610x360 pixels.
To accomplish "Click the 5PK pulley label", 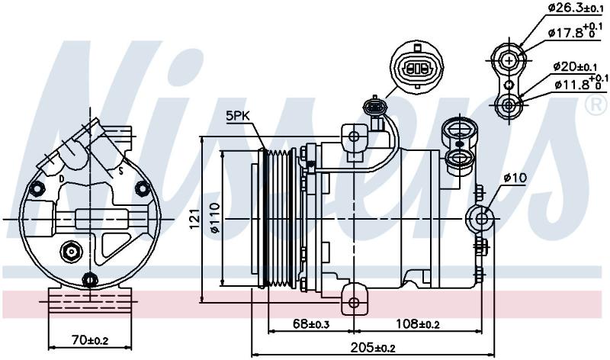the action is (237, 116).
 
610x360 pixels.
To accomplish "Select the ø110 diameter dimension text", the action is (215, 218).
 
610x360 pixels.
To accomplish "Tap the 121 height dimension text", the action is (195, 218).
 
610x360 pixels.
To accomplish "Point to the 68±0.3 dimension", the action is (310, 324).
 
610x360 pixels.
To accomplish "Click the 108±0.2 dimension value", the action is (418, 323).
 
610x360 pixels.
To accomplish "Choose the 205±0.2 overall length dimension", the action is (373, 347).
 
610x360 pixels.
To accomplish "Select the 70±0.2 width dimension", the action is (90, 340).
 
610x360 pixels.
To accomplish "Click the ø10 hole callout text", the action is (515, 178).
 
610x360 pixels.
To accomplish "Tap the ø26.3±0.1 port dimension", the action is (576, 8).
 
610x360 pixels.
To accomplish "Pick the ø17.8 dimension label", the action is (574, 31).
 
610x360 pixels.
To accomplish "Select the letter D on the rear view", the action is (62, 178).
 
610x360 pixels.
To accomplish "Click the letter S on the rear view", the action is (121, 170).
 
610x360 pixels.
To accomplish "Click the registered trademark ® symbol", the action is (596, 105).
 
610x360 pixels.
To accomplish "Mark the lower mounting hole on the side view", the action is (354, 302).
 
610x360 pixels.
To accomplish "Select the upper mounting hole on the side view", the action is (354, 137).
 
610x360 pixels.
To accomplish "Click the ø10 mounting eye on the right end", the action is (481, 219).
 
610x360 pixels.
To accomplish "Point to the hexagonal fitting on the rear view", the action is (71, 252).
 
